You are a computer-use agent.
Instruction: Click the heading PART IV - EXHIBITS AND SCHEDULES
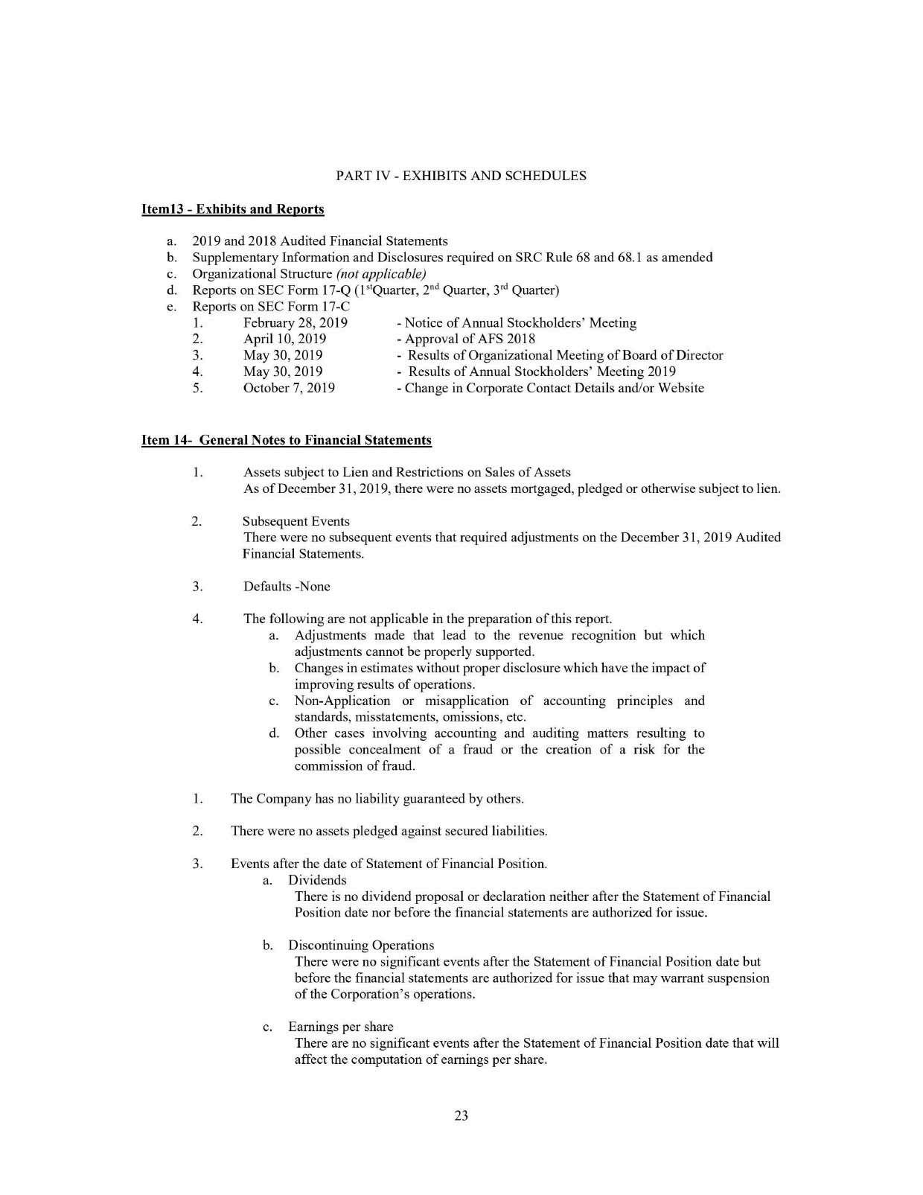461,176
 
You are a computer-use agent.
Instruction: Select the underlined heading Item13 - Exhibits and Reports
232,209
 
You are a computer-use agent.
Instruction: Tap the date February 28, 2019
296,323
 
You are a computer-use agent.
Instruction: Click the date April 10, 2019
284,340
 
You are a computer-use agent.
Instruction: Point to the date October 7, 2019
289,388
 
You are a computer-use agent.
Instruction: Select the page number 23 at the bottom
461,1115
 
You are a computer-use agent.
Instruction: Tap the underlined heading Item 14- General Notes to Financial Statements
286,440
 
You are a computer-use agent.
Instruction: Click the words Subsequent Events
296,521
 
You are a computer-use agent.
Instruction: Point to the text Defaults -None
287,587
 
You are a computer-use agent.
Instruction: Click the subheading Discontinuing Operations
361,946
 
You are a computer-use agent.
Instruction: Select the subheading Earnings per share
341,1027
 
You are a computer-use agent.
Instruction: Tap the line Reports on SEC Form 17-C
271,307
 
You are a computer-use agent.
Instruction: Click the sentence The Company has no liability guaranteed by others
377,799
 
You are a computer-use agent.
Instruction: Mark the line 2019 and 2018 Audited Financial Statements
320,241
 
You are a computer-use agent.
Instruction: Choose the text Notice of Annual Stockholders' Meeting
517,323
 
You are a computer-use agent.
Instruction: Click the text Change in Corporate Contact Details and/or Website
551,388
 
